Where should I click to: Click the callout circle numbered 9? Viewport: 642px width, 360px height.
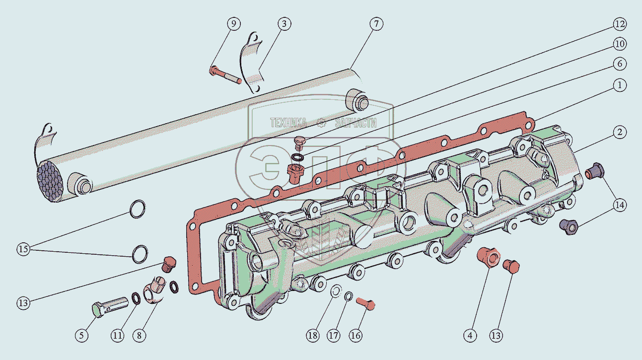click(x=233, y=23)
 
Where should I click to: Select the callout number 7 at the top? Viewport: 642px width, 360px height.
click(x=376, y=23)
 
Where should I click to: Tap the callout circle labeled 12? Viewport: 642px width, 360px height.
click(x=620, y=24)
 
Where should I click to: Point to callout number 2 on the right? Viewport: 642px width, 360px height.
click(x=620, y=132)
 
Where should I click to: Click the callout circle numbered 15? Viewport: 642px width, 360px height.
click(x=23, y=249)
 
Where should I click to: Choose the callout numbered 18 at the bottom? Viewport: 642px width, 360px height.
click(x=312, y=335)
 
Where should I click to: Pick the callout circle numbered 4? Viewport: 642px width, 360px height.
click(x=470, y=335)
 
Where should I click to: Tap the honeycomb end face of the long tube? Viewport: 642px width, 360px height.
click(x=50, y=181)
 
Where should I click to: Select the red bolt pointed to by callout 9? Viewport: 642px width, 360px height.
click(x=225, y=74)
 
